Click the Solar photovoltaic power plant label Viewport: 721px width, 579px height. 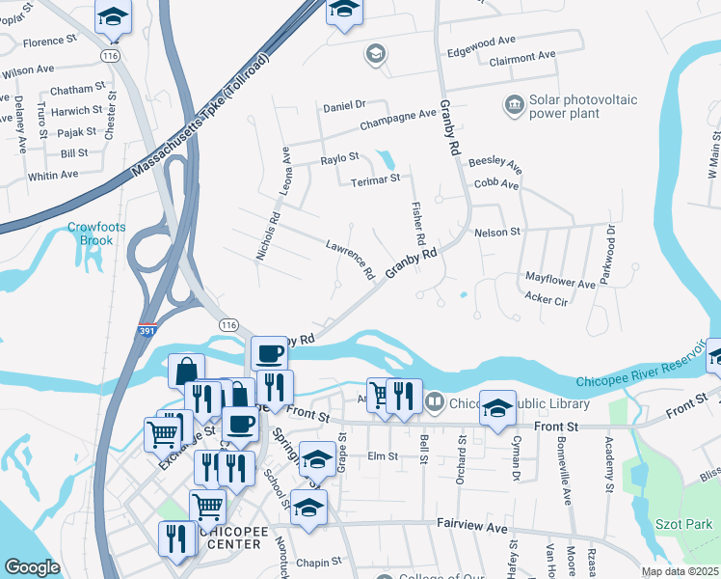click(x=565, y=106)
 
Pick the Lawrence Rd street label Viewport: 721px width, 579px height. click(x=349, y=259)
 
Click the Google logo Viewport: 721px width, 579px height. click(x=32, y=567)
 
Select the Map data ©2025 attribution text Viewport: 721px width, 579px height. click(x=679, y=571)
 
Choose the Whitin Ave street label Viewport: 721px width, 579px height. click(x=53, y=175)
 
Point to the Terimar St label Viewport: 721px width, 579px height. click(x=367, y=179)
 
